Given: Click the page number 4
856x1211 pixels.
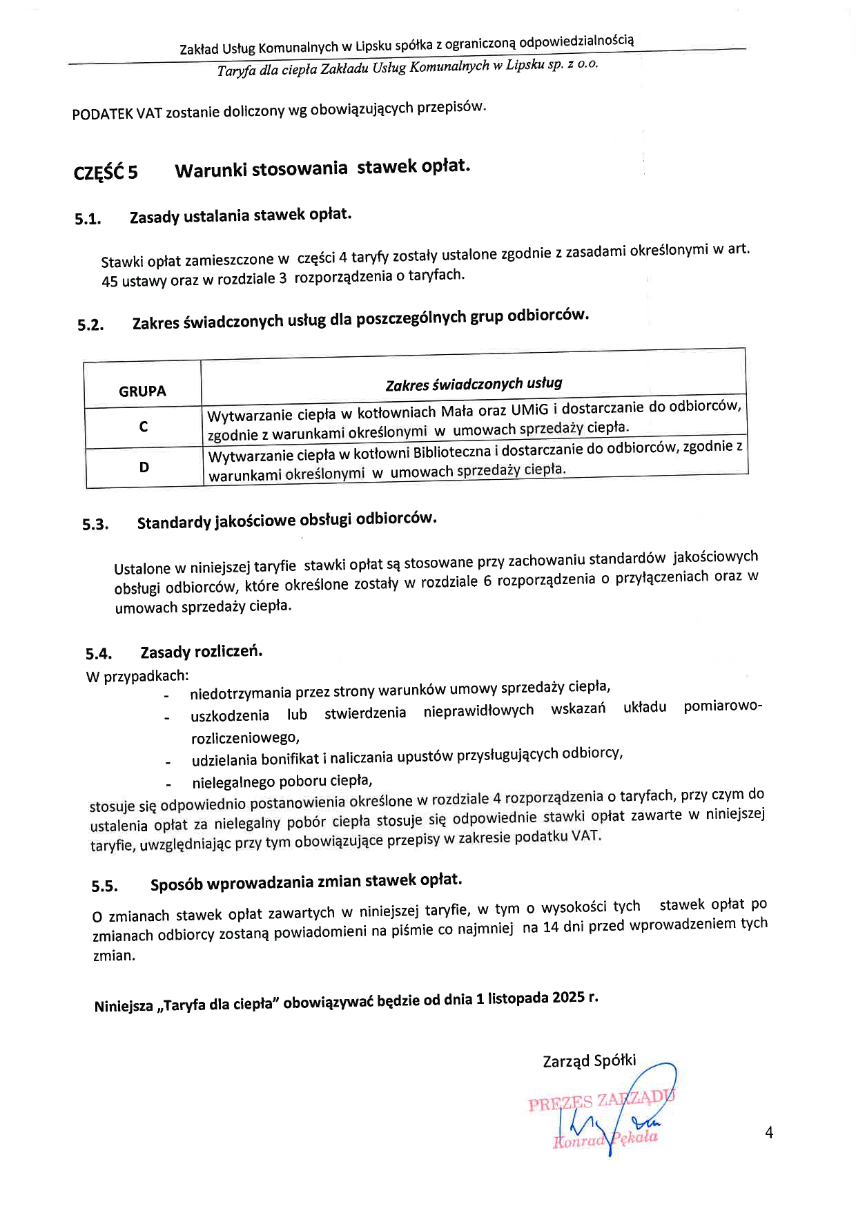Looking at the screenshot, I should [769, 1132].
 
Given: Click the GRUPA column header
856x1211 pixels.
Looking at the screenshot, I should [142, 391].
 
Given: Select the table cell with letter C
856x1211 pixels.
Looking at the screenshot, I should [143, 427].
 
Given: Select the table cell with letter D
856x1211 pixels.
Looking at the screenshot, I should [144, 467].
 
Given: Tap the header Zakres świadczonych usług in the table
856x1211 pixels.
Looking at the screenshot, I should [474, 384].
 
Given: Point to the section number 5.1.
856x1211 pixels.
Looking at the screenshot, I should [88, 220].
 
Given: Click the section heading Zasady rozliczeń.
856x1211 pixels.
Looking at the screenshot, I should [201, 652].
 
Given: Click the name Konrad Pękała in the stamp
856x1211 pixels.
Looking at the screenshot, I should [605, 1140].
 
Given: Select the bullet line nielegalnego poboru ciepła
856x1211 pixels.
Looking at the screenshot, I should [282, 782].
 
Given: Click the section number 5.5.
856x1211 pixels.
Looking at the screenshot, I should [104, 887].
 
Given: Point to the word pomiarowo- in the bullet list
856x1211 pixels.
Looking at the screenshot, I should [723, 706].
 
